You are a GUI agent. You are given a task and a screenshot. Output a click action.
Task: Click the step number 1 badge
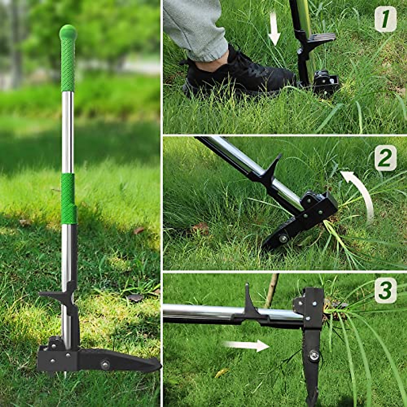pos(385,19)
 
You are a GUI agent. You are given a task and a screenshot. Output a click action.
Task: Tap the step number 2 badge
pos(385,158)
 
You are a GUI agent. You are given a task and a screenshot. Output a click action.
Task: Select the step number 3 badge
pos(385,290)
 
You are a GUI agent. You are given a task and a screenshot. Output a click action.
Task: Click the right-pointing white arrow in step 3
pos(247,345)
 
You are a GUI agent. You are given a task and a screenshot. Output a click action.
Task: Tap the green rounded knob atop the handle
pos(68,32)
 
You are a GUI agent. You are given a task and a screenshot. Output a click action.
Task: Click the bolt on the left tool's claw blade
pos(105,365)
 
